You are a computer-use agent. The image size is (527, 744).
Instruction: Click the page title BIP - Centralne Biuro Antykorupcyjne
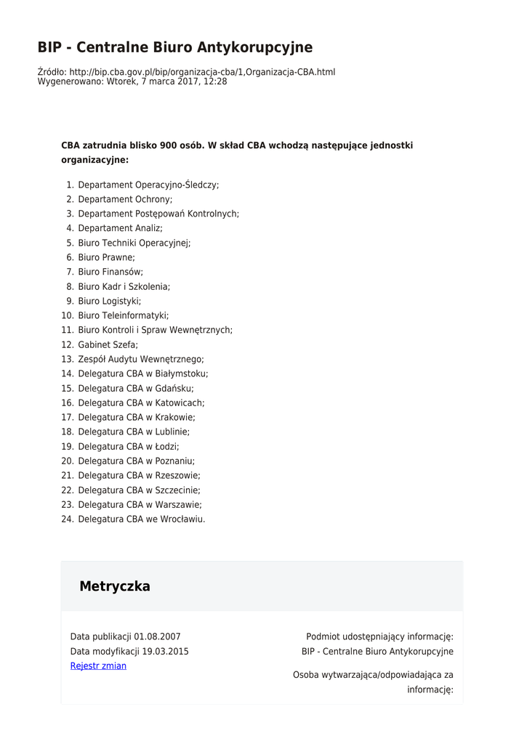pos(175,48)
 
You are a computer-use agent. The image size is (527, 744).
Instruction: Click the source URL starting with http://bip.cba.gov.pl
pos(202,72)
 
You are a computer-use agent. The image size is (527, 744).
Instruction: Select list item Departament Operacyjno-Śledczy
pos(148,185)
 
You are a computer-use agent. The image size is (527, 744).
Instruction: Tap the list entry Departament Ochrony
pos(125,200)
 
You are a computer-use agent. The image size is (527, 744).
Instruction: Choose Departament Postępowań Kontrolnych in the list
pos(158,214)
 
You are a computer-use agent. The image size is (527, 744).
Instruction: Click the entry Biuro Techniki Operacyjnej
pos(134,243)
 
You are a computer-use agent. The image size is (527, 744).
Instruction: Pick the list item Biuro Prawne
pos(106,258)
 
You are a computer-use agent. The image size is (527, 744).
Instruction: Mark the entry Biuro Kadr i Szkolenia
pos(124,287)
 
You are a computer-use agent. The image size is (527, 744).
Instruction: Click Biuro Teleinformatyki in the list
pos(124,316)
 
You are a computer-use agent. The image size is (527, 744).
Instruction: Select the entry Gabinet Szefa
pos(108,345)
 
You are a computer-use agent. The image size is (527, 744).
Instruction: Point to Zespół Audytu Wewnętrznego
pos(141,360)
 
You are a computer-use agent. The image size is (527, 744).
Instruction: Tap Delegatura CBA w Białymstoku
pos(143,374)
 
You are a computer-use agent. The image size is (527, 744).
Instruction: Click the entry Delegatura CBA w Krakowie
pos(137,418)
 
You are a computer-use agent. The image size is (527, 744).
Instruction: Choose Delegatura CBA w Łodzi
pos(129,447)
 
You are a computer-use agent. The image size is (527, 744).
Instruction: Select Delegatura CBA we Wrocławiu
pos(142,519)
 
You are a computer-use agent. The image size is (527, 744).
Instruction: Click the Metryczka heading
pos(115,586)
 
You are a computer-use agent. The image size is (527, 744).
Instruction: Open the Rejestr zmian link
pos(98,666)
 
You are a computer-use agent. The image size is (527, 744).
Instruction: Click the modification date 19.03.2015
pos(165,652)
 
